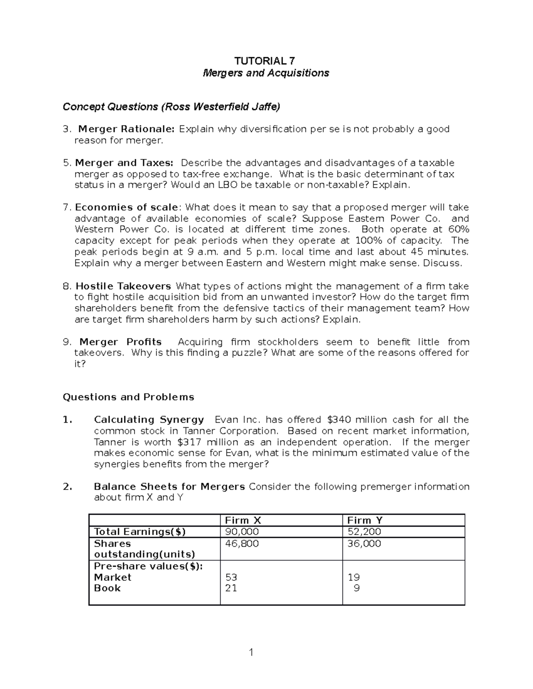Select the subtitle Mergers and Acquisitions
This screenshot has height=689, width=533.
point(266,73)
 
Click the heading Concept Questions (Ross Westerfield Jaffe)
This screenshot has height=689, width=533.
point(171,106)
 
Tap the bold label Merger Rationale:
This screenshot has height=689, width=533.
point(127,129)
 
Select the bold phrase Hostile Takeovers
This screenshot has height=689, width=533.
point(123,286)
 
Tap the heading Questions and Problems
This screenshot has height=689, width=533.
point(128,397)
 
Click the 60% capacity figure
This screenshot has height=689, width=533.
point(459,229)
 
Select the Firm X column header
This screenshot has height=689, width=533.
point(243,520)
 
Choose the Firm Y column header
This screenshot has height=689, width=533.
point(365,520)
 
